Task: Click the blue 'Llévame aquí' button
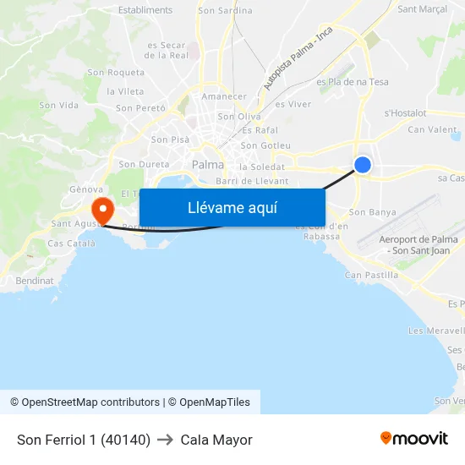(x=232, y=208)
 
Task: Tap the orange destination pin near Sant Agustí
(x=102, y=209)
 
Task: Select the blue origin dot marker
(x=363, y=165)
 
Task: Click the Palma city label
(x=208, y=165)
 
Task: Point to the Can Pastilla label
(x=371, y=275)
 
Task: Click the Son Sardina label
(x=225, y=11)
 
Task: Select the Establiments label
(x=145, y=10)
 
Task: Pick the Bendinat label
(x=34, y=280)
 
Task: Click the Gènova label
(x=86, y=189)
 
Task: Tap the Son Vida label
(x=59, y=106)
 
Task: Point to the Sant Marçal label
(x=422, y=10)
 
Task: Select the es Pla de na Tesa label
(x=353, y=82)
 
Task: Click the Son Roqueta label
(x=116, y=73)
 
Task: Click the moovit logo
(x=414, y=439)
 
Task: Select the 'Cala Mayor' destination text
(x=216, y=440)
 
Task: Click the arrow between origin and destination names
(x=166, y=440)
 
